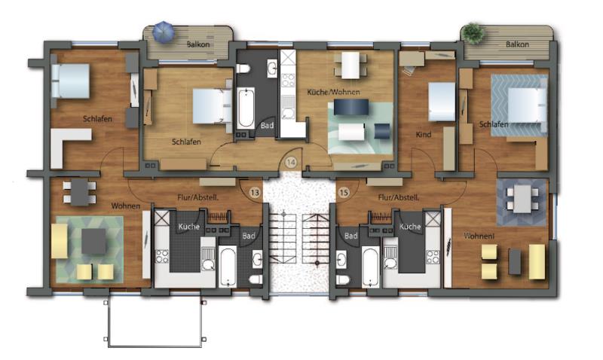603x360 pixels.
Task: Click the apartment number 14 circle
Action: [x=291, y=163]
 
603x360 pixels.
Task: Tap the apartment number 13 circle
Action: [x=255, y=193]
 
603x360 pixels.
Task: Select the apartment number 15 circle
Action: [x=344, y=193]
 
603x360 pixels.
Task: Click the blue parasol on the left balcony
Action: [x=164, y=32]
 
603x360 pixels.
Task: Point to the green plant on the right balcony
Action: [x=473, y=33]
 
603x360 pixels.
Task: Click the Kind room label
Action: [x=424, y=135]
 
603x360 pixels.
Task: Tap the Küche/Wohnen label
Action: [x=333, y=92]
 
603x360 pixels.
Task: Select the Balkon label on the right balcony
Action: [x=517, y=44]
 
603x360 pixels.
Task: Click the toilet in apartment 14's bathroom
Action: [x=243, y=69]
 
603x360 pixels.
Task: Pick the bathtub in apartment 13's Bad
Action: [x=228, y=267]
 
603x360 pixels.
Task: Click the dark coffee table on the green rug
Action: [x=93, y=241]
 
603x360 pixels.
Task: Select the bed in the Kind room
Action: [x=442, y=102]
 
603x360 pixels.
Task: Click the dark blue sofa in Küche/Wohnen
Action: [x=351, y=107]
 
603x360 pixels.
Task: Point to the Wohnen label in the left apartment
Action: [x=126, y=206]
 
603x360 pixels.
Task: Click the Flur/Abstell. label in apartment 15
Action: [x=399, y=197]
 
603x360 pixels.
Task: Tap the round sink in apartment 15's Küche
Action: [x=390, y=264]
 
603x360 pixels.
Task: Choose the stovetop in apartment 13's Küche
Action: [x=162, y=256]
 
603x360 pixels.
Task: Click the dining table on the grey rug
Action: [x=522, y=199]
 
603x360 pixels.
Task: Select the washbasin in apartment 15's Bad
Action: [x=341, y=260]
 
